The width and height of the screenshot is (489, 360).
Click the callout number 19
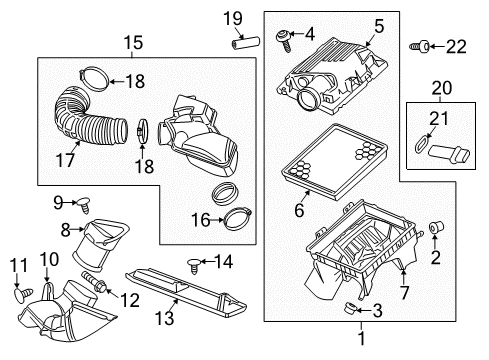pyautogui.click(x=232, y=17)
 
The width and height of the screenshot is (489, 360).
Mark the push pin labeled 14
pyautogui.click(x=190, y=263)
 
